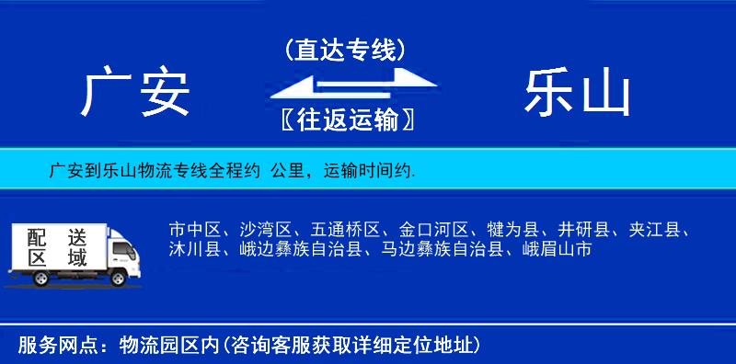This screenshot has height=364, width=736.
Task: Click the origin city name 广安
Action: click(x=135, y=94)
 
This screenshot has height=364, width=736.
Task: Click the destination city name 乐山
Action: click(x=577, y=94)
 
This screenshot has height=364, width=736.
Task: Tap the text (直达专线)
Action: click(x=345, y=50)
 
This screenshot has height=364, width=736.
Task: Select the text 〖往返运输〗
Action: click(x=345, y=119)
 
